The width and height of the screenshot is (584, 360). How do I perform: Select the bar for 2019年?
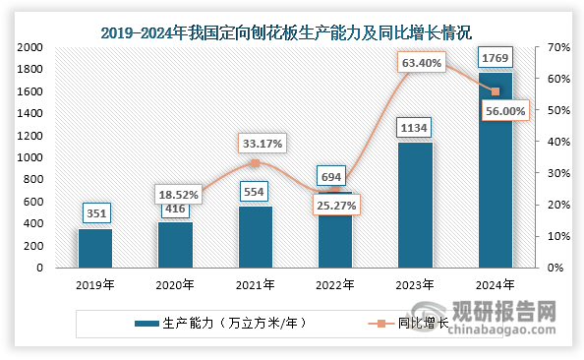pos(95,248)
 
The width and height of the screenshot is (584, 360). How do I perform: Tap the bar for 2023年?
pos(415,205)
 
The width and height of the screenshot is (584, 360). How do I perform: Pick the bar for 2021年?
pos(256,236)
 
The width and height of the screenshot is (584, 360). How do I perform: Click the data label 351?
pos(95,213)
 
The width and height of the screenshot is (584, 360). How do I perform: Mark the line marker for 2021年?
pos(256,163)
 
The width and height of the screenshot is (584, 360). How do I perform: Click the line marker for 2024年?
pos(495,91)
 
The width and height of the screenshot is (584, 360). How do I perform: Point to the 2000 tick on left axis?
pos(28,47)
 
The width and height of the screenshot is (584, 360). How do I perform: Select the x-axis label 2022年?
pos(335,284)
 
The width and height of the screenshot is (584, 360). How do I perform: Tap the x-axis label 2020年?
pos(175,284)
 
